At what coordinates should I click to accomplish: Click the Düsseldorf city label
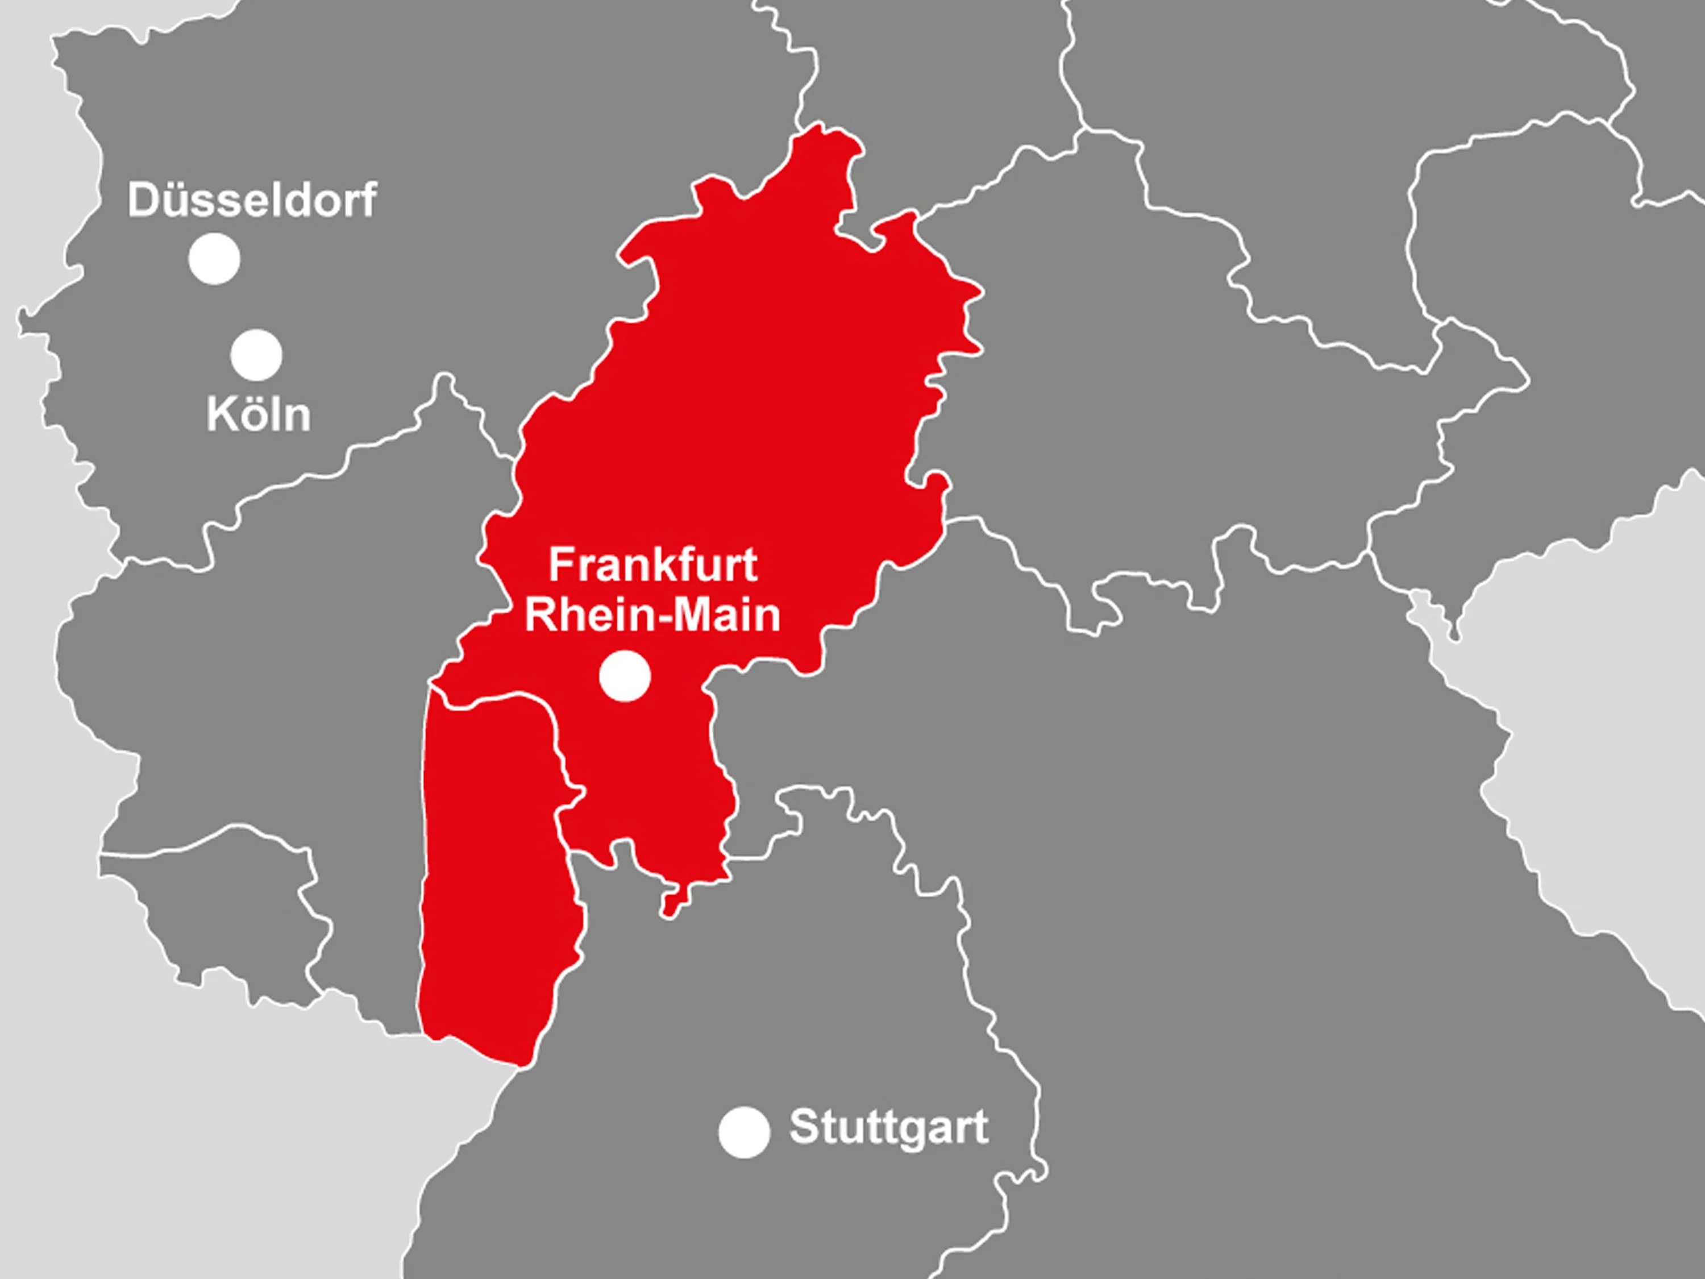(x=252, y=201)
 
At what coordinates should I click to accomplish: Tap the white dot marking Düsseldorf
(x=214, y=259)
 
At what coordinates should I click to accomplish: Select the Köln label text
(x=258, y=415)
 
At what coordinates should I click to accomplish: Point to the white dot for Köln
(x=257, y=355)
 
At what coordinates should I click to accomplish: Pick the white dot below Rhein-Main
(x=625, y=676)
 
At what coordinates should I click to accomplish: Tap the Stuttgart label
(x=888, y=1128)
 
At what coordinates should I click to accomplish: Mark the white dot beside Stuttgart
(x=744, y=1132)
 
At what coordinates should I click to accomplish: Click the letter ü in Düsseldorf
(x=174, y=201)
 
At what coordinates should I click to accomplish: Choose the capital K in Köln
(x=221, y=415)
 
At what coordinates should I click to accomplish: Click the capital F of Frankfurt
(x=560, y=565)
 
